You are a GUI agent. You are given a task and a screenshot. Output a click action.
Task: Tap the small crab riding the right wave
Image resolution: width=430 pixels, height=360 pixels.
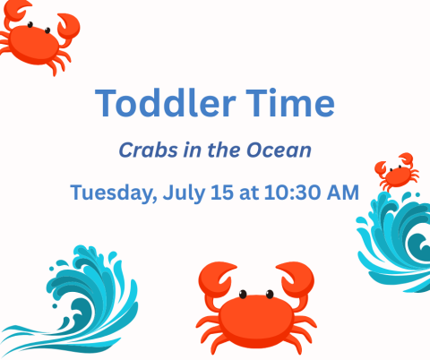[x=395, y=171]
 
